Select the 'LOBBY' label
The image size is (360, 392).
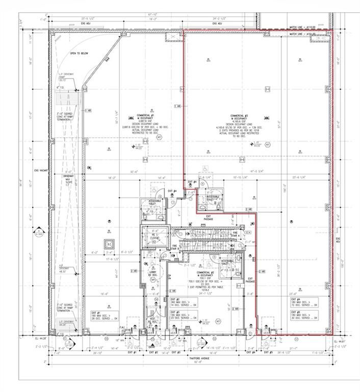152,274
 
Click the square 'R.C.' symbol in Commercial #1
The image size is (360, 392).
109,243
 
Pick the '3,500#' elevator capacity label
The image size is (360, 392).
155,237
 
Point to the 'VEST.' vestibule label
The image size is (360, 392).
153,320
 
